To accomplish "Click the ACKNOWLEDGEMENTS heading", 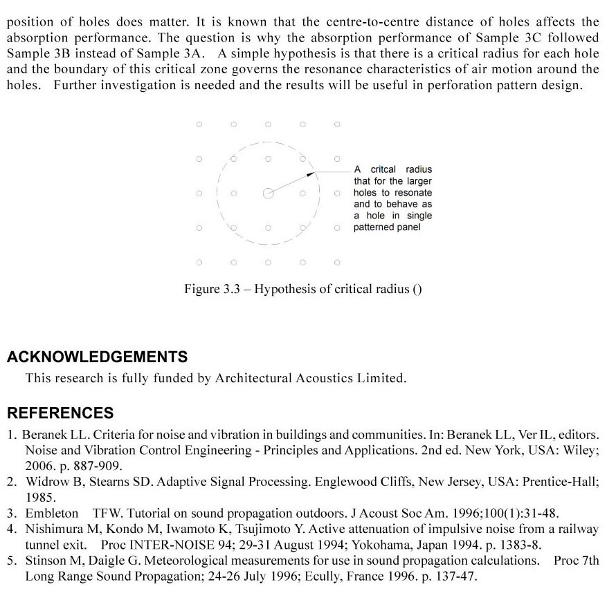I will click(97, 357).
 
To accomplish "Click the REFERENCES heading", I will click(60, 413).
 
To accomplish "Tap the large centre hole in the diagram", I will click(268, 194).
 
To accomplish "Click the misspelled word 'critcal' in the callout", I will click(383, 169).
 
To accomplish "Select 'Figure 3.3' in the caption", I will click(211, 289).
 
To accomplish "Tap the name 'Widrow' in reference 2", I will click(44, 482).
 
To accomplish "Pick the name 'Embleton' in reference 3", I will click(52, 514).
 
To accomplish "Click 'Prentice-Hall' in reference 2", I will click(560, 482).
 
